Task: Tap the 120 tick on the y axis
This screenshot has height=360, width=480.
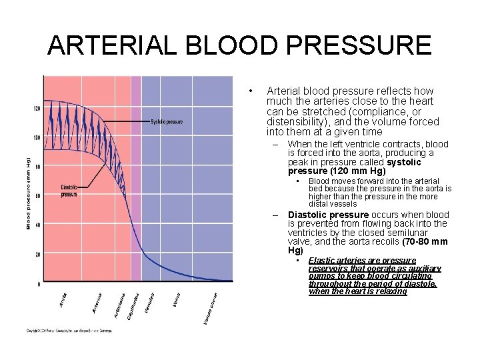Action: coord(36,108)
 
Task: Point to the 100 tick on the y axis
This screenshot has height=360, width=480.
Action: coord(36,137)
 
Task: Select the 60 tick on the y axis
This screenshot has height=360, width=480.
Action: coord(37,196)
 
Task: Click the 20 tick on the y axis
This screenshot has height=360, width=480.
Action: coord(37,254)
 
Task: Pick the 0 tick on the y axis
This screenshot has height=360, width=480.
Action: coord(39,284)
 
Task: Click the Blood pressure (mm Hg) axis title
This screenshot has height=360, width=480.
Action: coord(29,193)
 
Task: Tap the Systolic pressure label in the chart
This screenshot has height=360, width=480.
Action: coord(166,121)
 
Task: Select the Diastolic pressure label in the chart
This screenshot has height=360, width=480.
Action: coord(69,191)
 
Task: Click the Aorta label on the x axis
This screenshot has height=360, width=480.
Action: coord(63,301)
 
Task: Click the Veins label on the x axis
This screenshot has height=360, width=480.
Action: coord(176,301)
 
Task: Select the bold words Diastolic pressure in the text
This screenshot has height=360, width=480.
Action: coord(328,215)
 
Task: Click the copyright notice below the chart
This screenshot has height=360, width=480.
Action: coord(70,331)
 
